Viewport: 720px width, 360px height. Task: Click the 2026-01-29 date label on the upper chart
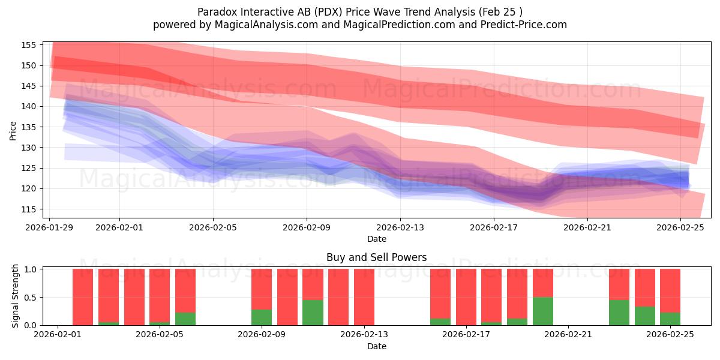click(49, 227)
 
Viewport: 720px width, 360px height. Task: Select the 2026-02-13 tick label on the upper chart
click(400, 227)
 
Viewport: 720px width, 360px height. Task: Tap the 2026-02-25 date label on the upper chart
click(681, 227)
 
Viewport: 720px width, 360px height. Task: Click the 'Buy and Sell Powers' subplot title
click(376, 257)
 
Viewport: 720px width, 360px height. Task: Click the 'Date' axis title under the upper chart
click(376, 239)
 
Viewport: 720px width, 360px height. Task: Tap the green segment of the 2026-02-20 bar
click(543, 311)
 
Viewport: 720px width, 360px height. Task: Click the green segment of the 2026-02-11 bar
click(313, 312)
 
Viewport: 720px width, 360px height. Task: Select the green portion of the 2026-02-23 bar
click(619, 312)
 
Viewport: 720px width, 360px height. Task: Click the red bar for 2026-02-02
click(83, 296)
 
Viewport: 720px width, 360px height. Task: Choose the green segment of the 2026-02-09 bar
click(262, 317)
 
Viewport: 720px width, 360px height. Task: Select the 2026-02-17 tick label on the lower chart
click(466, 335)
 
